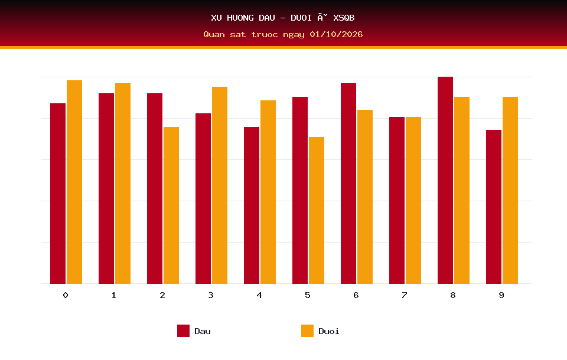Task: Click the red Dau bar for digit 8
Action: (445, 180)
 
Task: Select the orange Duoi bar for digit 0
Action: (74, 182)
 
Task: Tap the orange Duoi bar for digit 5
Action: (317, 210)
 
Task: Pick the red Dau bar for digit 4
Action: (252, 205)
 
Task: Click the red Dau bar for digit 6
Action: (348, 184)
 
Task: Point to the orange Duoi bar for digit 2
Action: (171, 205)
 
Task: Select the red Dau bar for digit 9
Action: (494, 207)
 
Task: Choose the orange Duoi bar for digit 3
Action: (220, 185)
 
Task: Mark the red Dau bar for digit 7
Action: (397, 200)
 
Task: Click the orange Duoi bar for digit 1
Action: (123, 184)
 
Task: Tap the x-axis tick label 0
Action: (66, 295)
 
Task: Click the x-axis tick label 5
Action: (308, 295)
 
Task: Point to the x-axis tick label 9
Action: (501, 295)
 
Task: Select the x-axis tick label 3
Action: (211, 295)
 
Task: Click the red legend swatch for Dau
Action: (183, 330)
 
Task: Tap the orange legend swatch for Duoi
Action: (307, 330)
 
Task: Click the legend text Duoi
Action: (329, 331)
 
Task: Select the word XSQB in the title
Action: (344, 18)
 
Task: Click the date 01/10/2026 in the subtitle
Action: (336, 34)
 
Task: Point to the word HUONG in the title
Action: (240, 18)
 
